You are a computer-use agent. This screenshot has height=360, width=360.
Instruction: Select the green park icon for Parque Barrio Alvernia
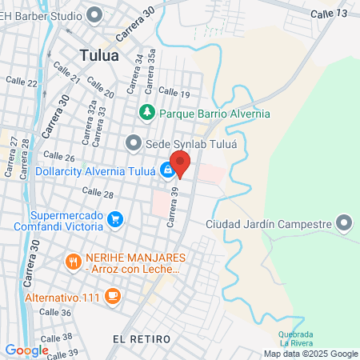click(146, 114)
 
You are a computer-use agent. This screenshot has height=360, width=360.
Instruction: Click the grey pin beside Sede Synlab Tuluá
click(134, 142)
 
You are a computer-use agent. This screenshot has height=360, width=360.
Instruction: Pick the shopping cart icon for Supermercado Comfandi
click(115, 218)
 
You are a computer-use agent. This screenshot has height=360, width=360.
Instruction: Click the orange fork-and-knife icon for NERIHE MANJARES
click(73, 260)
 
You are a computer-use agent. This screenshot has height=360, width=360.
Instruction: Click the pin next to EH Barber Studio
click(94, 14)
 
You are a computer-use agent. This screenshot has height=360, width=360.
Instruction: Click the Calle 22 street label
click(22, 82)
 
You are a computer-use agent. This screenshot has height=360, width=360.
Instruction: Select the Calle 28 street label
click(98, 193)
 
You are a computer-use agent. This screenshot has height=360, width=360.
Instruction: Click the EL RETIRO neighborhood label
click(142, 339)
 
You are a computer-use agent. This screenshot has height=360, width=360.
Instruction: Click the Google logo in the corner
click(26, 350)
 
